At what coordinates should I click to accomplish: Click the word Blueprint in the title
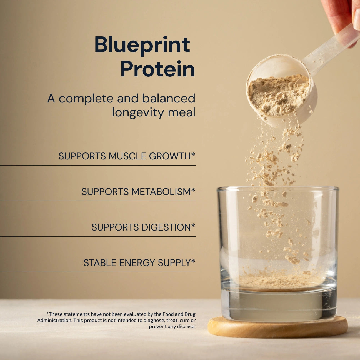(142, 45)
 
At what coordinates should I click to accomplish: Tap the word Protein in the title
(158, 69)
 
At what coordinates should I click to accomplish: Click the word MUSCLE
(127, 156)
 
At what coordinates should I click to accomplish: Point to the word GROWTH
(170, 156)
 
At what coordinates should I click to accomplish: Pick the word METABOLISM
(161, 191)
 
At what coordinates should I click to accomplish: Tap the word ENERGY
(137, 263)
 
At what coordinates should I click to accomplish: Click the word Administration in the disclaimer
(54, 320)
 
